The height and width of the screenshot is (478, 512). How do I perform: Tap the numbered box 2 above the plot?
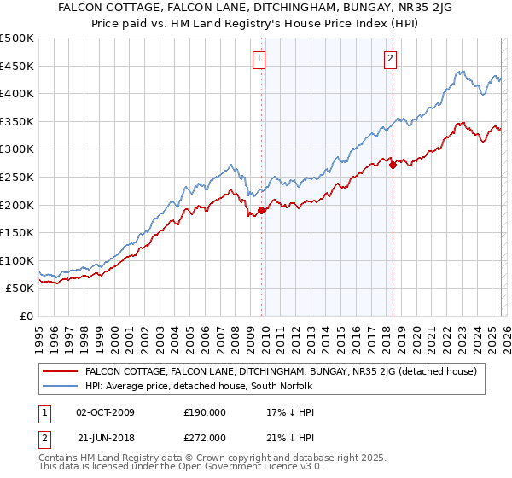390,59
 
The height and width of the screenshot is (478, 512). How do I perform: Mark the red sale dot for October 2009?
261,210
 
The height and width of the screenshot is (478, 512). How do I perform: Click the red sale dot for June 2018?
393,165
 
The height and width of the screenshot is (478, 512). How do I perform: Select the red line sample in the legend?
61,371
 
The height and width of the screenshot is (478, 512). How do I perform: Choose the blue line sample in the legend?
61,387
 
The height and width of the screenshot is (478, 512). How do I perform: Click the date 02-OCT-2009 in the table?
110,413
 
